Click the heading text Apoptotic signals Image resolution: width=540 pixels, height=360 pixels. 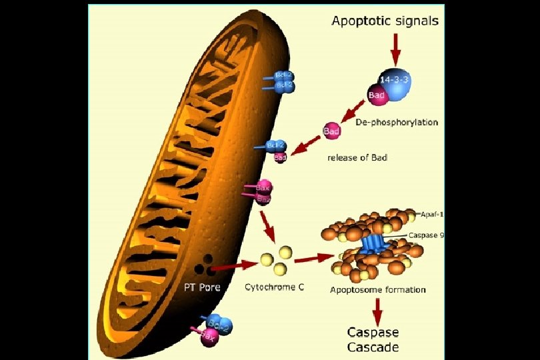click(385, 21)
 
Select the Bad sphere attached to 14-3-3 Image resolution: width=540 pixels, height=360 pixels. click(377, 97)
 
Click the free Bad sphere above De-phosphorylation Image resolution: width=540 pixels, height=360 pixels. click(331, 131)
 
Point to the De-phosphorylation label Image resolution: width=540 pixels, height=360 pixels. click(397, 123)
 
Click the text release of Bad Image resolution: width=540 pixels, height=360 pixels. click(357, 158)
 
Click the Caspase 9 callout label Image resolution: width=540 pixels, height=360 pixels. click(427, 235)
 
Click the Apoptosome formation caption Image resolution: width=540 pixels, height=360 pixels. click(378, 290)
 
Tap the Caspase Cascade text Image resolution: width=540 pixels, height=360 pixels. click(373, 340)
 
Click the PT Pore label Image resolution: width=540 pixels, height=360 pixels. click(202, 288)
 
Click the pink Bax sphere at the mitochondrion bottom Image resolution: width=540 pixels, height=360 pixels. click(208, 338)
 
